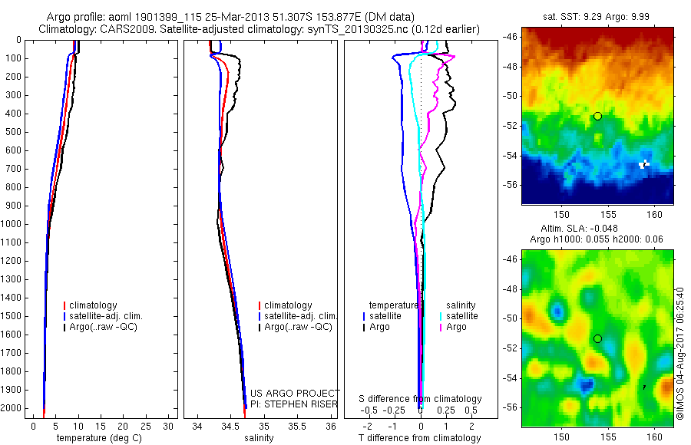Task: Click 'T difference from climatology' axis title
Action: coord(419,438)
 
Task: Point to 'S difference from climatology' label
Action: coord(420,399)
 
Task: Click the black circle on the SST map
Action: coord(597,116)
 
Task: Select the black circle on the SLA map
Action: coord(597,338)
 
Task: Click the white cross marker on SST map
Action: coord(645,163)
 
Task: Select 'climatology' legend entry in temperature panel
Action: coord(93,305)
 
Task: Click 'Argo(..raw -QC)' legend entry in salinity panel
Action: coord(298,327)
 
